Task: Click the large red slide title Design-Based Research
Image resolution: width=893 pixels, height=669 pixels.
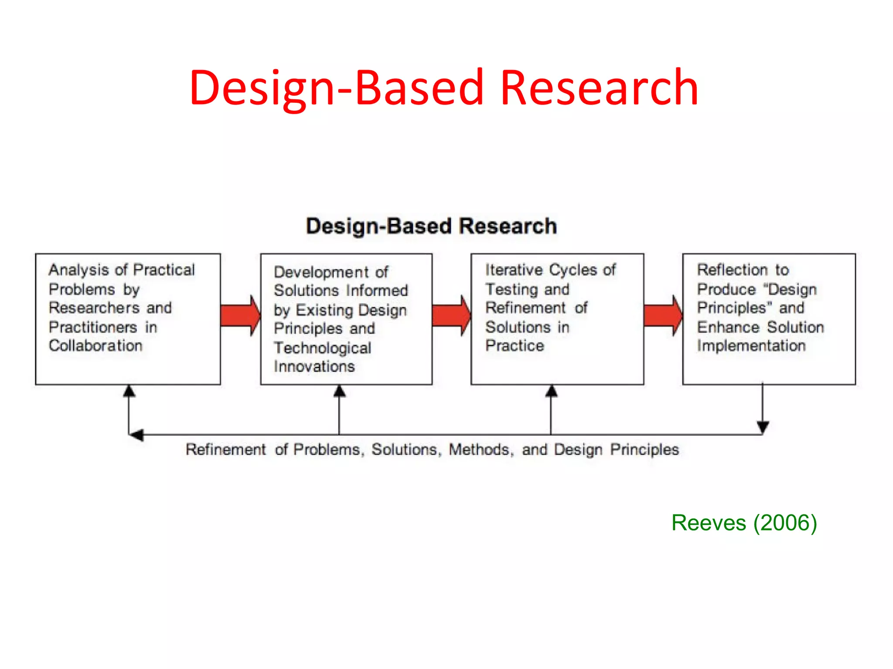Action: (444, 88)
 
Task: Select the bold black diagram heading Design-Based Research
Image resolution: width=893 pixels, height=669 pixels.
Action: (431, 226)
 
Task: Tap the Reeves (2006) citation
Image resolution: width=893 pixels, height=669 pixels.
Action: (744, 523)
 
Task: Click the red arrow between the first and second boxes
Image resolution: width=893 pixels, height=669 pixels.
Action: (240, 315)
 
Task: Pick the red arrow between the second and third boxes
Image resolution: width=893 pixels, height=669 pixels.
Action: (451, 315)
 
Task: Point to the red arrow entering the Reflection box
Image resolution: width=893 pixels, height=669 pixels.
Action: (663, 315)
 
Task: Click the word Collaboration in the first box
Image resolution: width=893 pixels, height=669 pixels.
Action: (95, 346)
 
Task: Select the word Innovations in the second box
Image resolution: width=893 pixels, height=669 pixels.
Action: (314, 367)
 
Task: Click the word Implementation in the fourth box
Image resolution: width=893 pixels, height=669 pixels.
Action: (751, 346)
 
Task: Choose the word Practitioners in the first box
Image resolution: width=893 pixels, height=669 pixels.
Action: (93, 327)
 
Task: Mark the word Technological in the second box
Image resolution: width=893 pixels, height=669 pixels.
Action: (323, 348)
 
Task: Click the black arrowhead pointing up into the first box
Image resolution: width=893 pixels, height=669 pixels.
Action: (129, 391)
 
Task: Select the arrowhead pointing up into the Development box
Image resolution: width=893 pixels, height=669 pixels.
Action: (339, 391)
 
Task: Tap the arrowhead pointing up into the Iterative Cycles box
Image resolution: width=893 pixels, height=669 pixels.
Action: (551, 391)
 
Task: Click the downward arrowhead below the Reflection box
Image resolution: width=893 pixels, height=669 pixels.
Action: (763, 427)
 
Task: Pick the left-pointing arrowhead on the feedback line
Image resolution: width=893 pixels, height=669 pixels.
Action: (136, 435)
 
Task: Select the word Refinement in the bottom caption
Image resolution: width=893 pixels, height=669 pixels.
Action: (225, 449)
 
